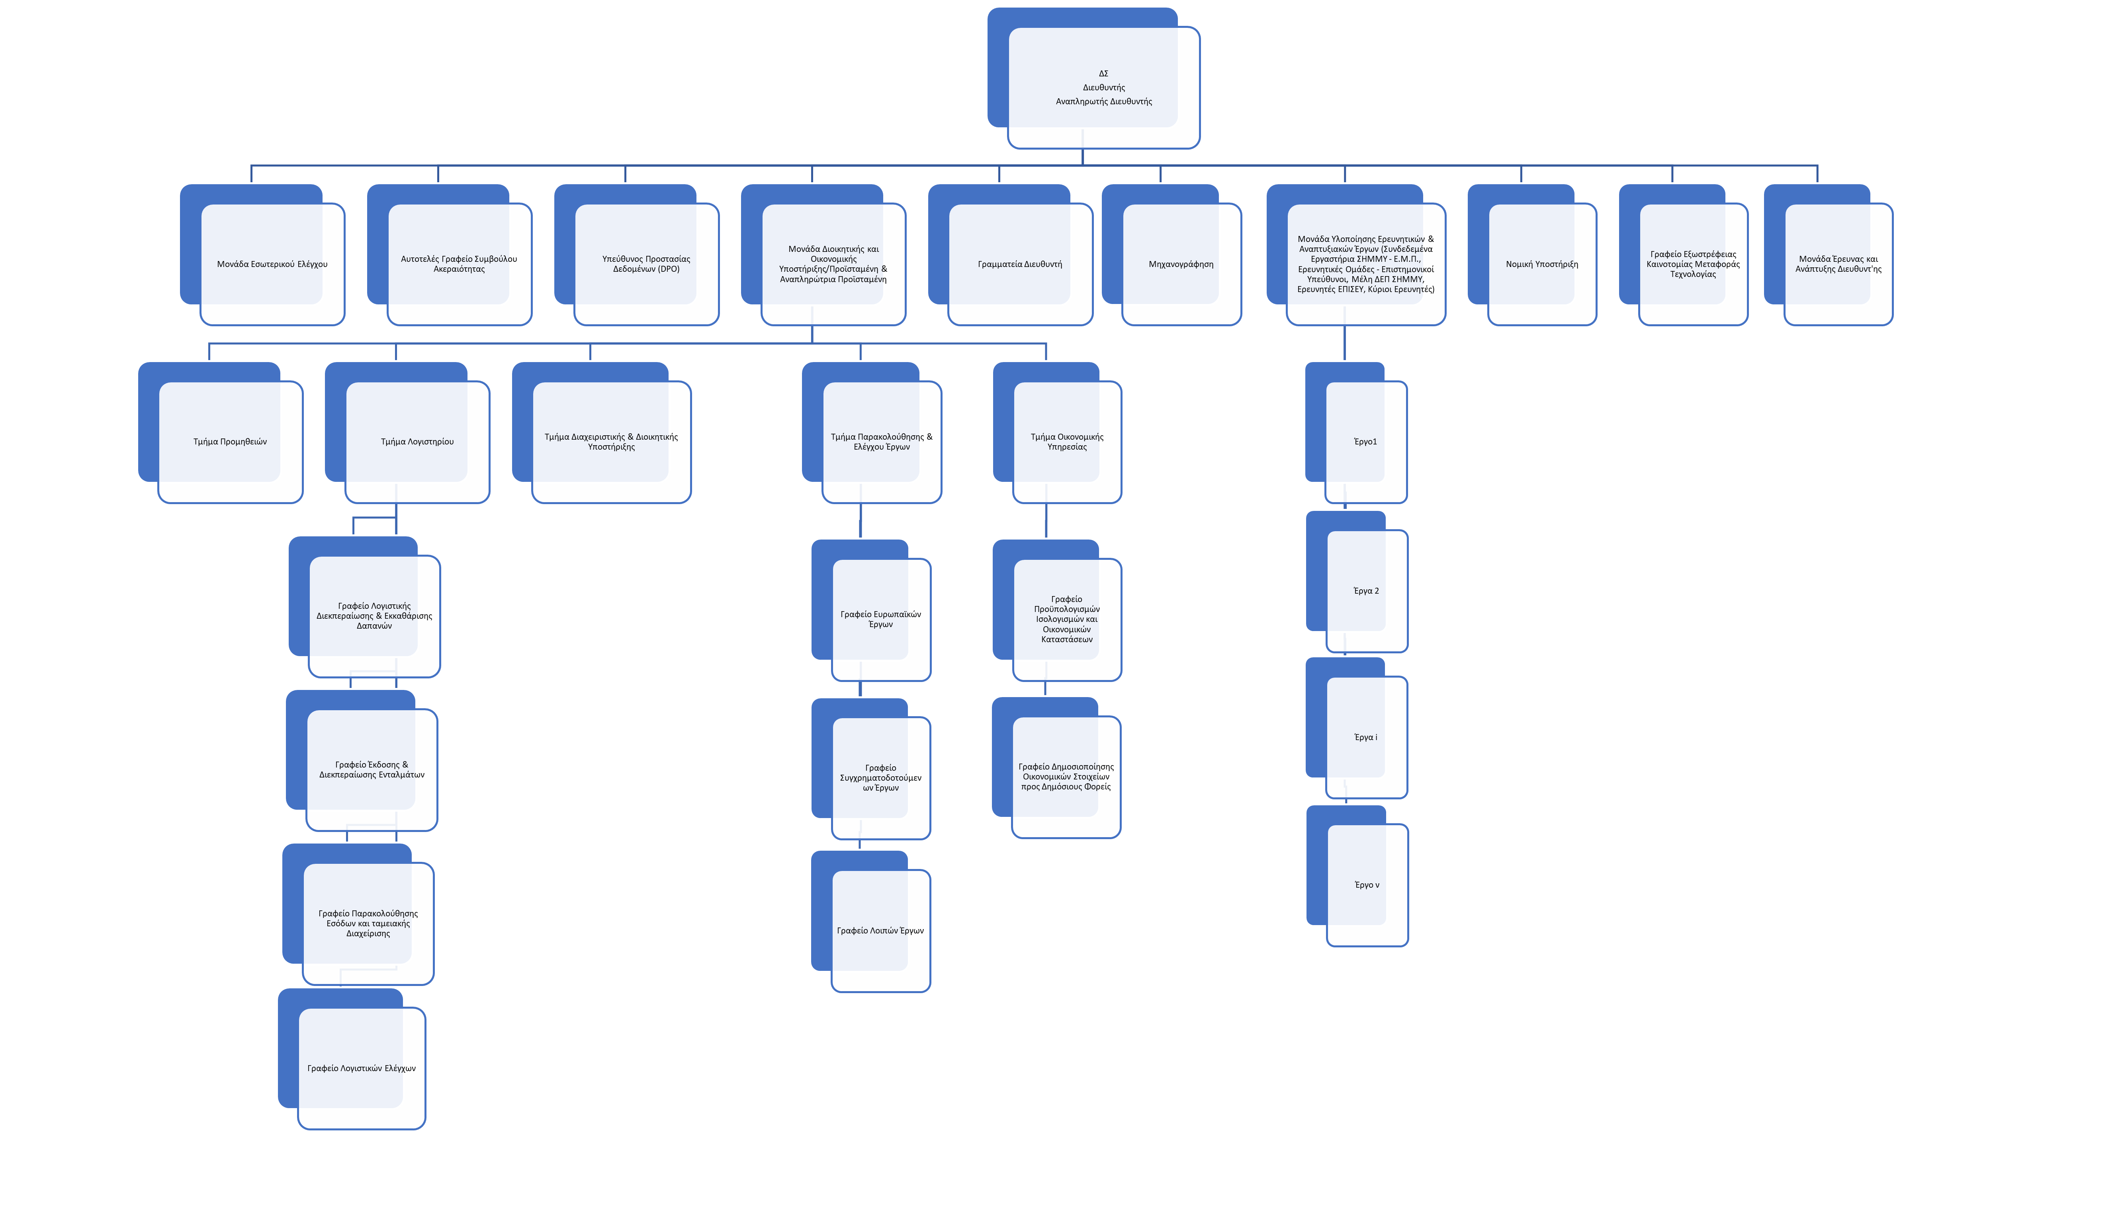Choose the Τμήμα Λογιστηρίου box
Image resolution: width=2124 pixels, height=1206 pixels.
coord(417,442)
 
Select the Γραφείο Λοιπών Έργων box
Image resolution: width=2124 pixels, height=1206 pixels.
coord(880,930)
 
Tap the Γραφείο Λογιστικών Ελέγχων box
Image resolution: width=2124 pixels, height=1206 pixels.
coord(361,1068)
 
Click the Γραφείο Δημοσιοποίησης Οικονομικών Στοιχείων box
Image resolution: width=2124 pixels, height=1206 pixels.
coord(1066,776)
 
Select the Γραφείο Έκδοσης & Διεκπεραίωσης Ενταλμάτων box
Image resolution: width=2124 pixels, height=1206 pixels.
coord(371,770)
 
